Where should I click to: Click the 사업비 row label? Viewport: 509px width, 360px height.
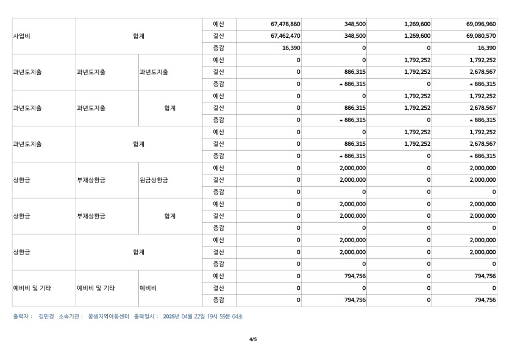(x=22, y=36)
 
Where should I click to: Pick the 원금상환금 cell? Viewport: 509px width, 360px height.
(x=154, y=181)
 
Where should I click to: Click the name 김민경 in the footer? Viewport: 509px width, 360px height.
(x=46, y=317)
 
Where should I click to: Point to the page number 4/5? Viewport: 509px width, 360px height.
(x=254, y=339)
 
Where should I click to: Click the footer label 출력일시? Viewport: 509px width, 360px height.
(x=146, y=317)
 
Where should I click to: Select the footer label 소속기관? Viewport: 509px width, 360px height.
(x=71, y=317)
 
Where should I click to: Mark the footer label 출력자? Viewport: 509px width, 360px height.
(x=23, y=317)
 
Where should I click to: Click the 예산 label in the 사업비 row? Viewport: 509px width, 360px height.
(x=219, y=24)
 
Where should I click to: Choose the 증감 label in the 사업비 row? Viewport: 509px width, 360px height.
(x=219, y=48)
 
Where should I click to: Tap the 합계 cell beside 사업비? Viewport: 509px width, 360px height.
(x=139, y=36)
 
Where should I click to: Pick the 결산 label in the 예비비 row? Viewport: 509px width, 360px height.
(x=219, y=288)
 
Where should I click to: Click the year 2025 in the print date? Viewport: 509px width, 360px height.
(x=171, y=317)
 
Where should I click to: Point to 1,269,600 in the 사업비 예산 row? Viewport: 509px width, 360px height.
(x=417, y=24)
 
